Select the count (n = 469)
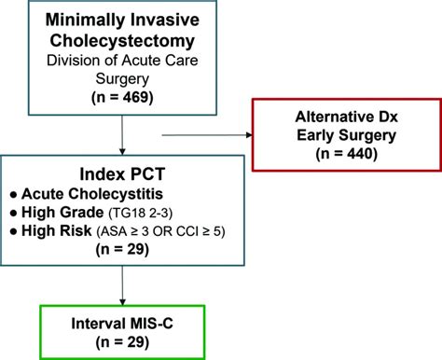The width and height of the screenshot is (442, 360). pos(123,97)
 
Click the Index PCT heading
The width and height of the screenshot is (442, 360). pos(123,174)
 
